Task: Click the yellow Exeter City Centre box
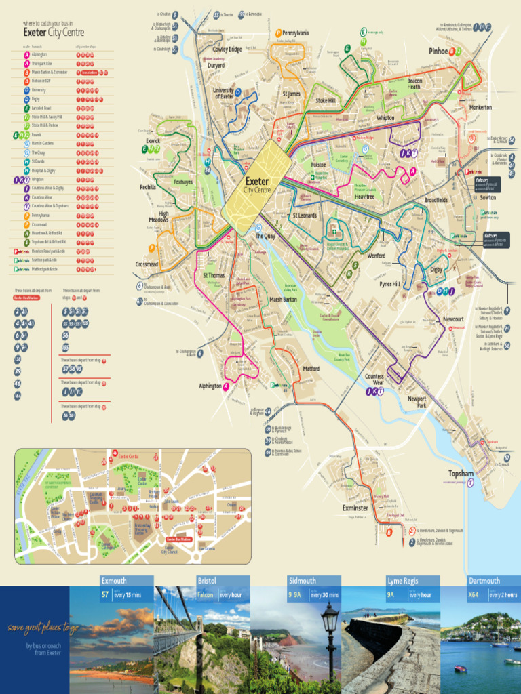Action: coord(256,185)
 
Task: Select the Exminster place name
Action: coord(355,508)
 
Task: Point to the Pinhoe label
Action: coord(438,51)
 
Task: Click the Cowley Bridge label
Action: coord(227,49)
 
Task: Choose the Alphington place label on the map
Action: coord(210,386)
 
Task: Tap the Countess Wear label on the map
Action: coord(374,379)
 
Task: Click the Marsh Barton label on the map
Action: coord(283,299)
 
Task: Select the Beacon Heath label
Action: coord(414,83)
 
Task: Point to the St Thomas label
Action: coord(214,276)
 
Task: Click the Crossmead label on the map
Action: coord(147,264)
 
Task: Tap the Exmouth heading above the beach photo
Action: coord(115,581)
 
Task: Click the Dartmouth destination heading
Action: coord(484,581)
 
